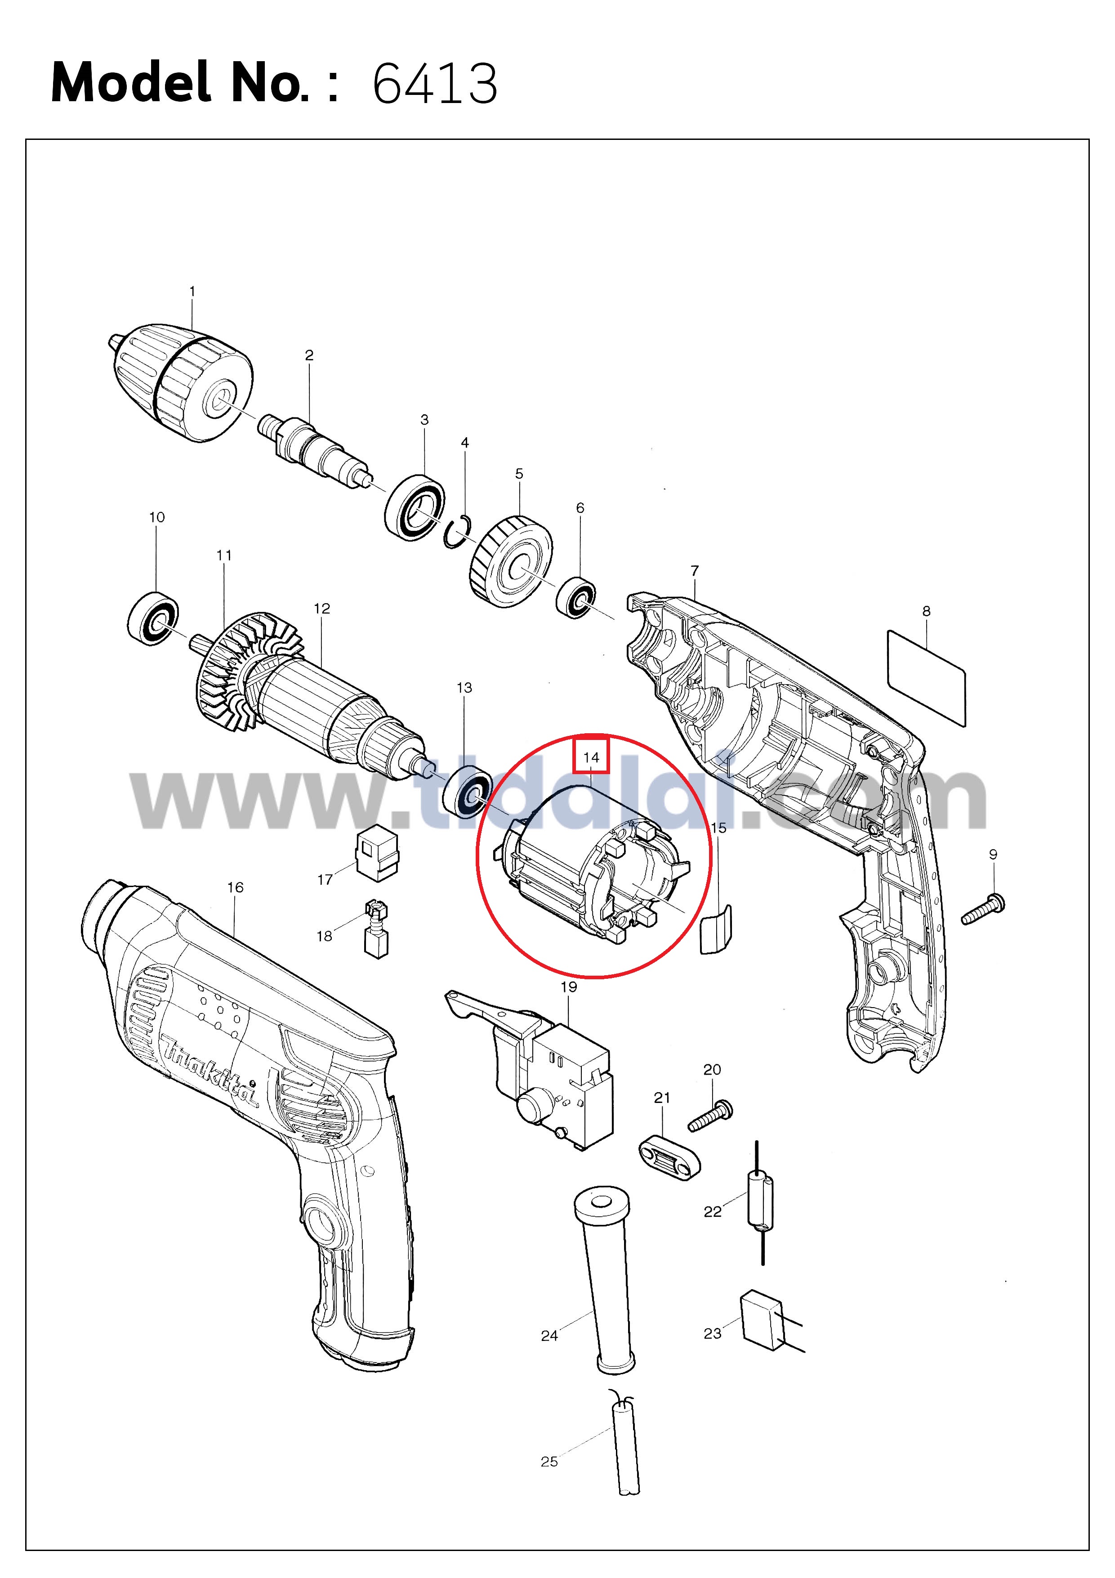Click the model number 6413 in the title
click(x=434, y=84)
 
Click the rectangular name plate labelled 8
click(x=927, y=677)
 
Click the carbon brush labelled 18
click(x=375, y=929)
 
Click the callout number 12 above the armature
click(x=321, y=608)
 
